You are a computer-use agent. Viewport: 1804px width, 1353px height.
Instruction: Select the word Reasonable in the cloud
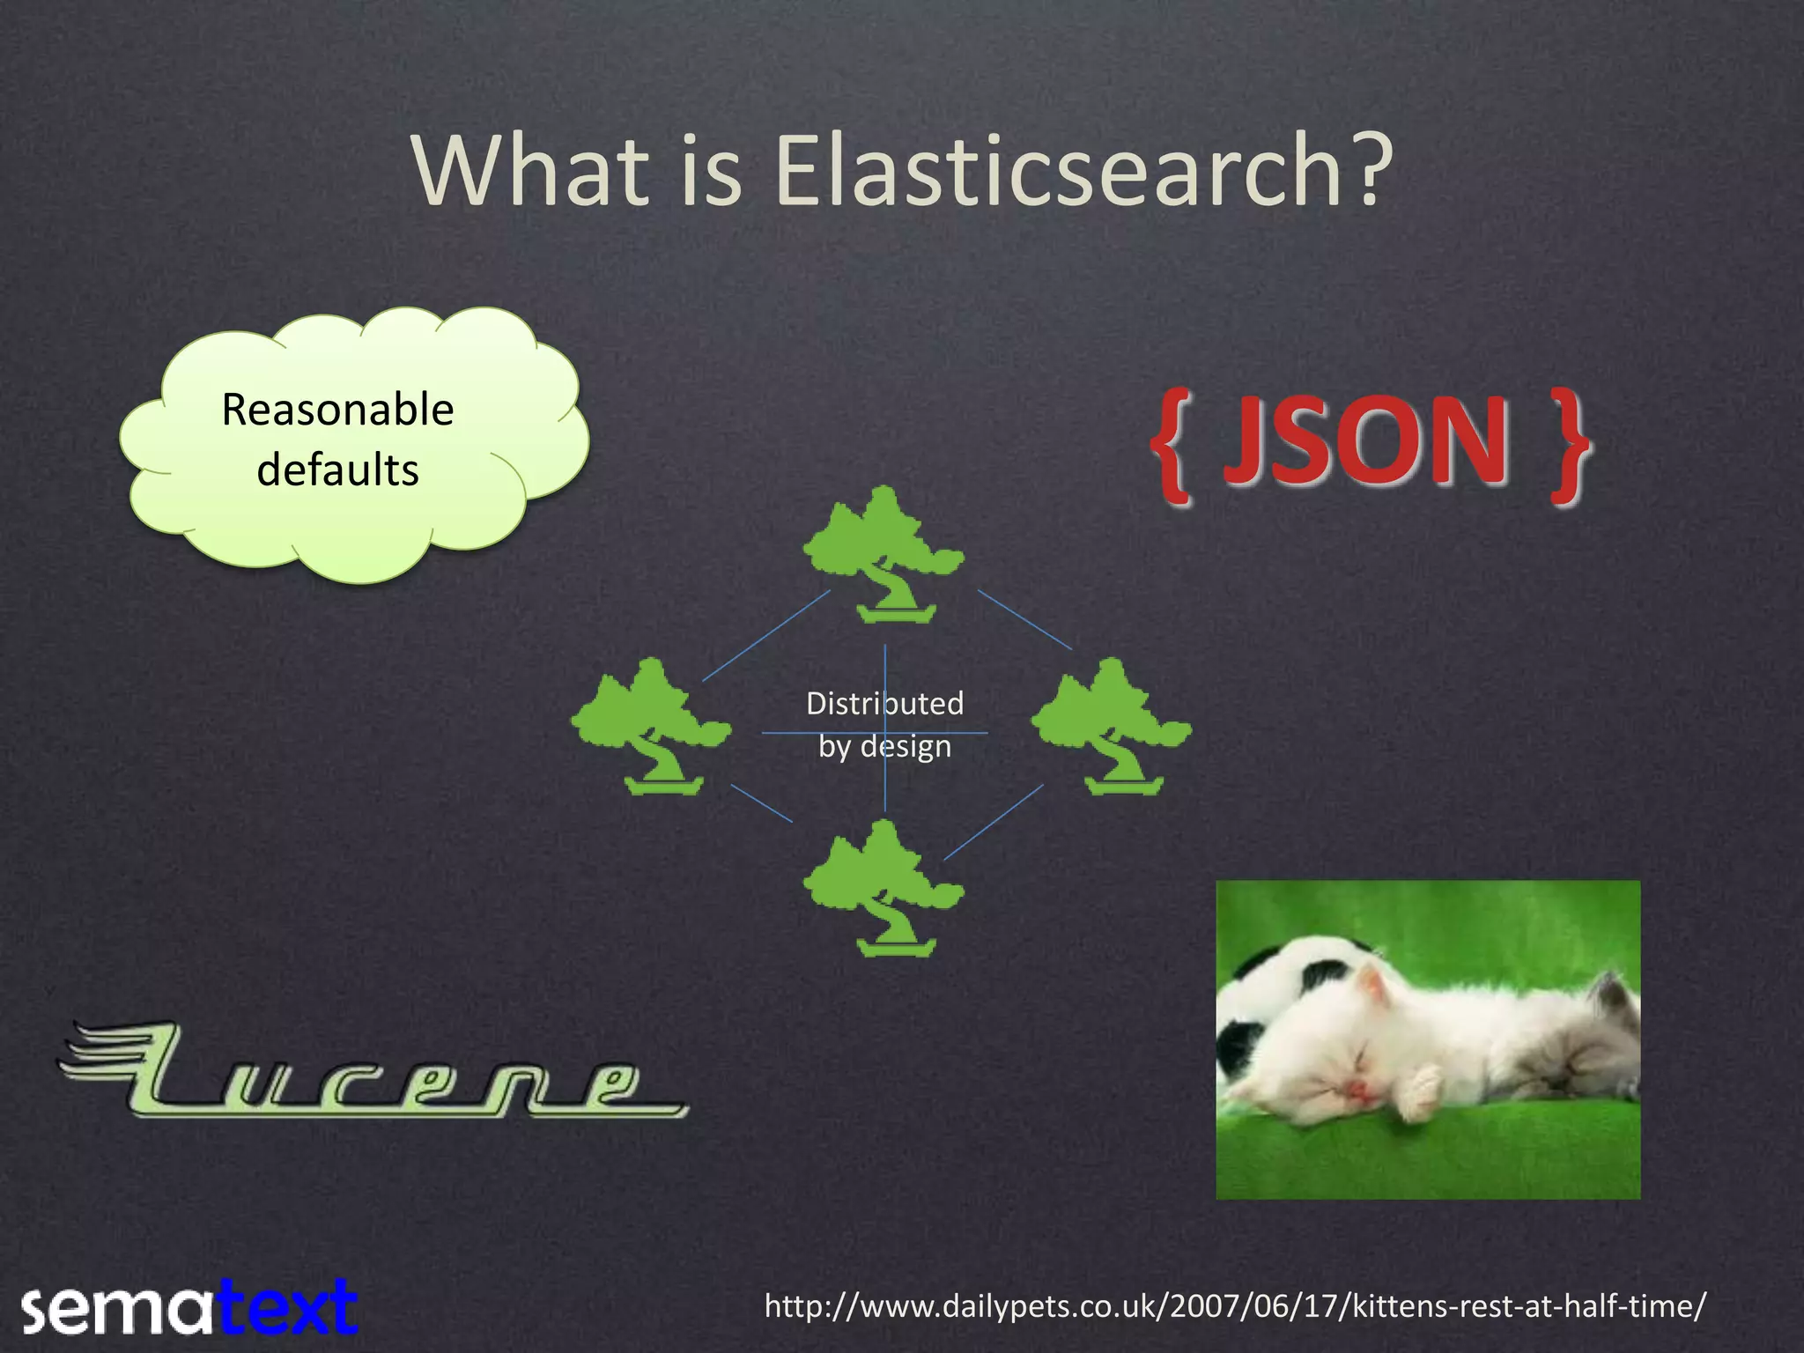(337, 410)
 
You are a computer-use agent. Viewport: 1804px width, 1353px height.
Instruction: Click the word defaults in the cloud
(337, 469)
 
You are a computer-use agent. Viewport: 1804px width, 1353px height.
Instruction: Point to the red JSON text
(1366, 440)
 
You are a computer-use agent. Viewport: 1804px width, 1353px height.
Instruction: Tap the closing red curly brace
(1568, 446)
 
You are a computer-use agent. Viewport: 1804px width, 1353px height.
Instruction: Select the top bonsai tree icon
(884, 555)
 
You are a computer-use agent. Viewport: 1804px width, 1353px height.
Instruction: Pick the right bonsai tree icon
(1112, 727)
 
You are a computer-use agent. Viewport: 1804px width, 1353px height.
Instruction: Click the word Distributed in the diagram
(884, 704)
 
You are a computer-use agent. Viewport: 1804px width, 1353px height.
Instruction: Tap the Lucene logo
(374, 1073)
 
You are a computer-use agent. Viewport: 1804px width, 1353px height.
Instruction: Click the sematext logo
(189, 1307)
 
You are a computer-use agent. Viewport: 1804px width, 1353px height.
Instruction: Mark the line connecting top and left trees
(766, 636)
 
